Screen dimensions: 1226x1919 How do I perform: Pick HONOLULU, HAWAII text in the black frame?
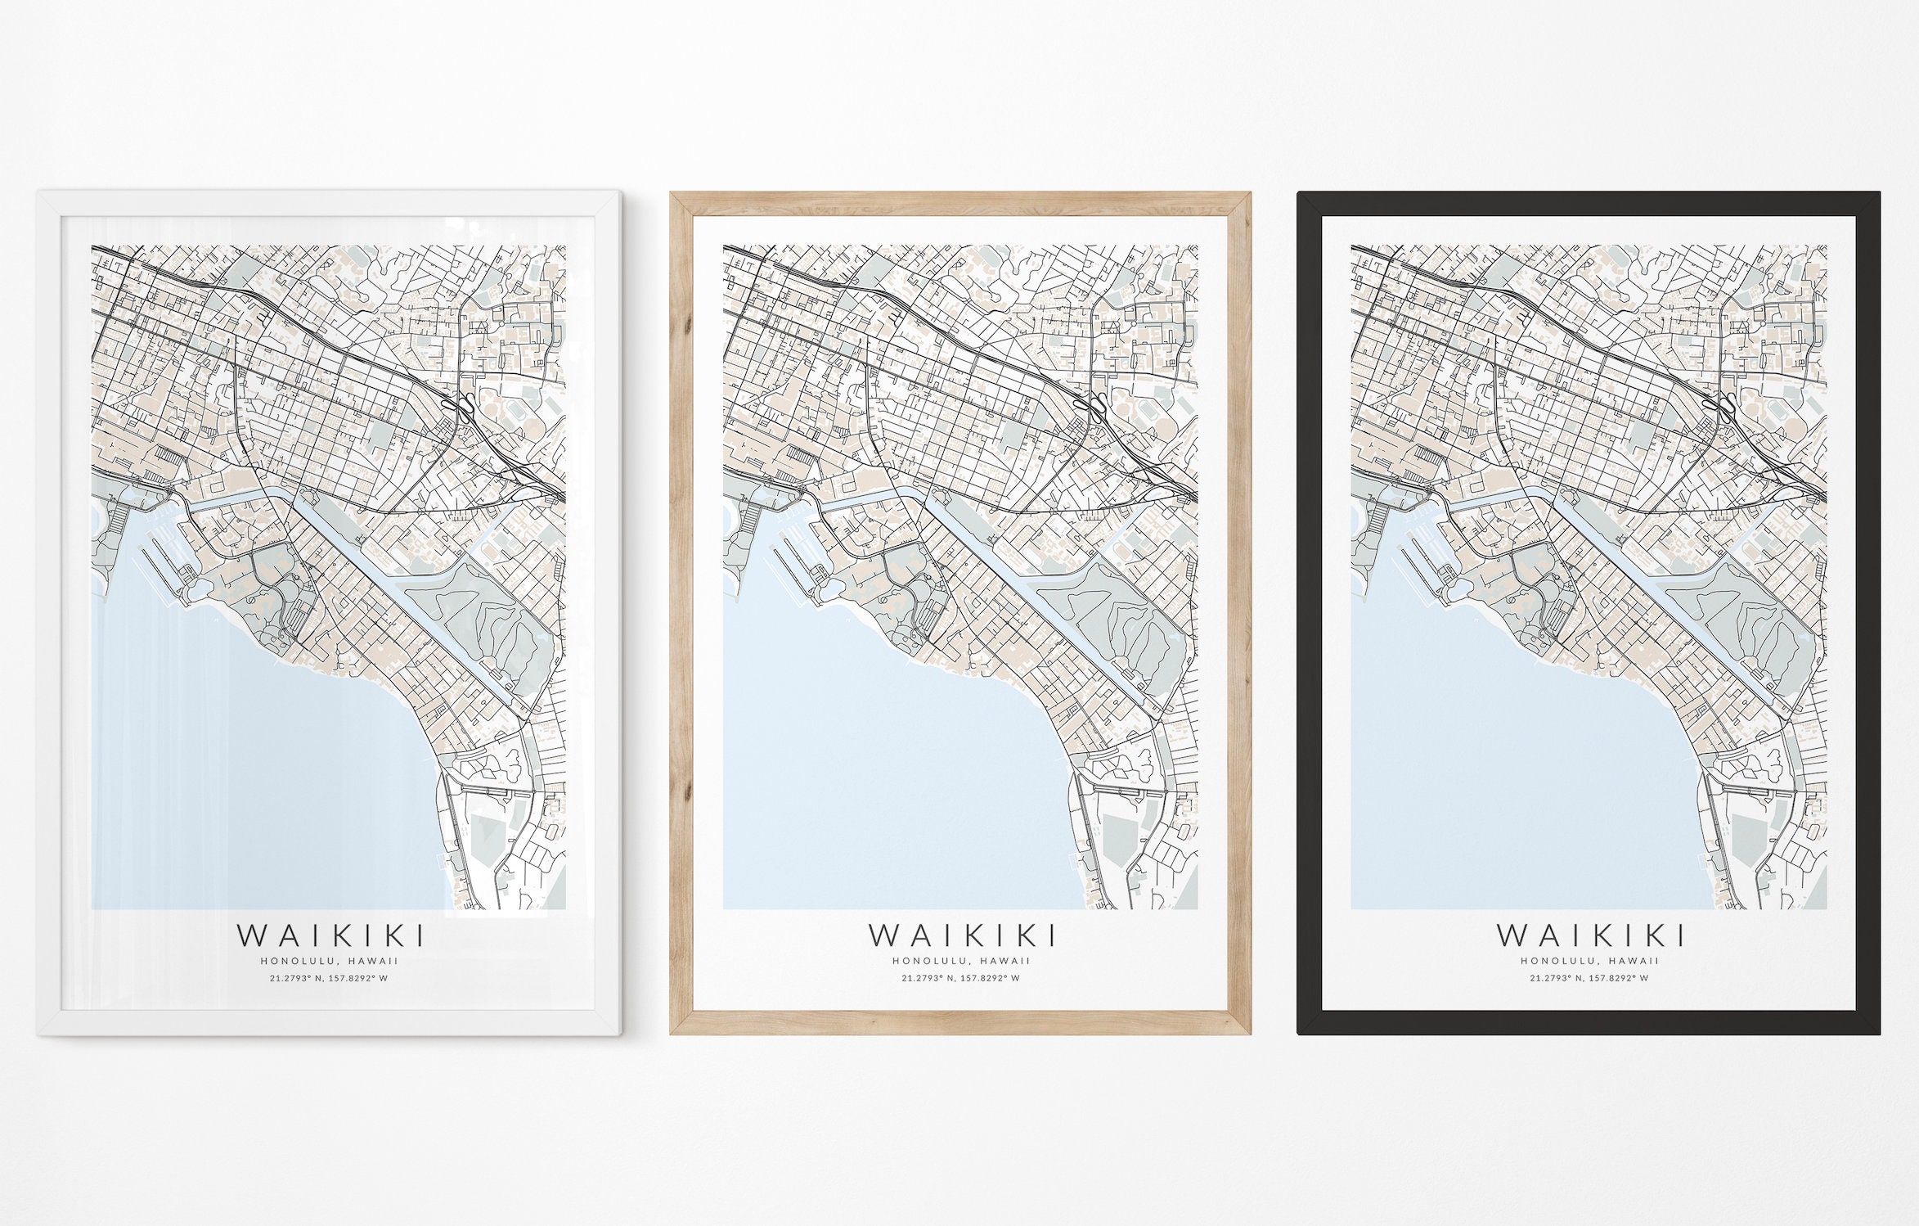point(1589,961)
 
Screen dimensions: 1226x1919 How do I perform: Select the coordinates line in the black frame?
point(1589,978)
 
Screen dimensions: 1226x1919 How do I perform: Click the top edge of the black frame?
point(1589,203)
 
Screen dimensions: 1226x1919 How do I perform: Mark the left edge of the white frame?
point(48,614)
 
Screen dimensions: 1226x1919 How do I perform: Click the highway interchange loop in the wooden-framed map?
point(1097,404)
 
